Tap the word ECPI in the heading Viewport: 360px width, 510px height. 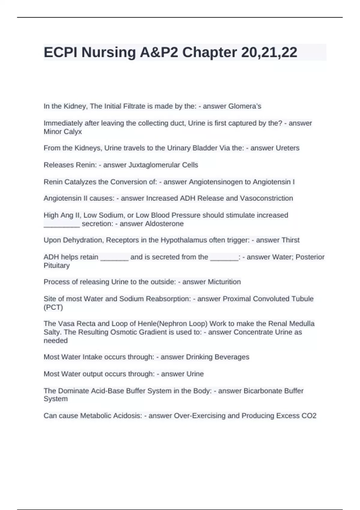pos(61,52)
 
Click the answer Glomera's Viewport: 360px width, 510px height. pos(245,106)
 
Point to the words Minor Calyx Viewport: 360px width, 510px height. pos(63,132)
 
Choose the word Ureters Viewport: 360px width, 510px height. pos(287,148)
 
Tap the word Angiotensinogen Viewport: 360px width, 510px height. pos(216,182)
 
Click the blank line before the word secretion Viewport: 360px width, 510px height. pos(62,224)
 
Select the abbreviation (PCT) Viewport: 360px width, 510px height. pos(53,307)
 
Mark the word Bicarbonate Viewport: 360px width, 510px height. pos(263,391)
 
